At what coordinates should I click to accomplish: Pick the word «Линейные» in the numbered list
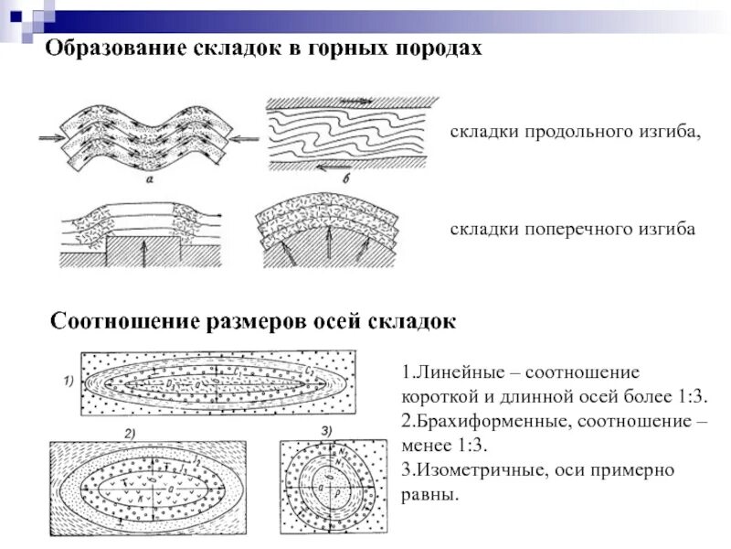pyautogui.click(x=455, y=375)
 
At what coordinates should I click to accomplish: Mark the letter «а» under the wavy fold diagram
pyautogui.click(x=148, y=180)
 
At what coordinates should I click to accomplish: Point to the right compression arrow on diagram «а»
pyautogui.click(x=244, y=138)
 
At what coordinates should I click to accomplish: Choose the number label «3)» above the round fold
pyautogui.click(x=326, y=431)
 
